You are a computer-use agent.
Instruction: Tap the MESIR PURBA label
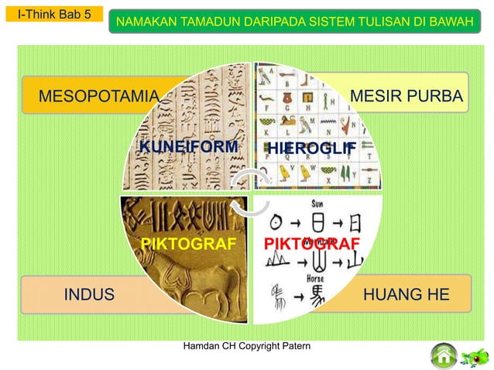pyautogui.click(x=407, y=96)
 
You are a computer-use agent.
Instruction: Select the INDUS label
pyautogui.click(x=88, y=295)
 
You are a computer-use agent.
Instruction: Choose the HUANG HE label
pyautogui.click(x=406, y=295)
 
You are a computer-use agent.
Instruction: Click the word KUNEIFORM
pyautogui.click(x=187, y=147)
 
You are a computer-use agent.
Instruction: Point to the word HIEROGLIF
pyautogui.click(x=311, y=148)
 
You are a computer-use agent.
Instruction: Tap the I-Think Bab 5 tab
pyautogui.click(x=53, y=13)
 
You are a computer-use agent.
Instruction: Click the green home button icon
pyautogui.click(x=444, y=356)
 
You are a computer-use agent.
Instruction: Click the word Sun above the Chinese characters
pyautogui.click(x=317, y=203)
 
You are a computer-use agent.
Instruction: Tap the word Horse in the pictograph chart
pyautogui.click(x=317, y=277)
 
